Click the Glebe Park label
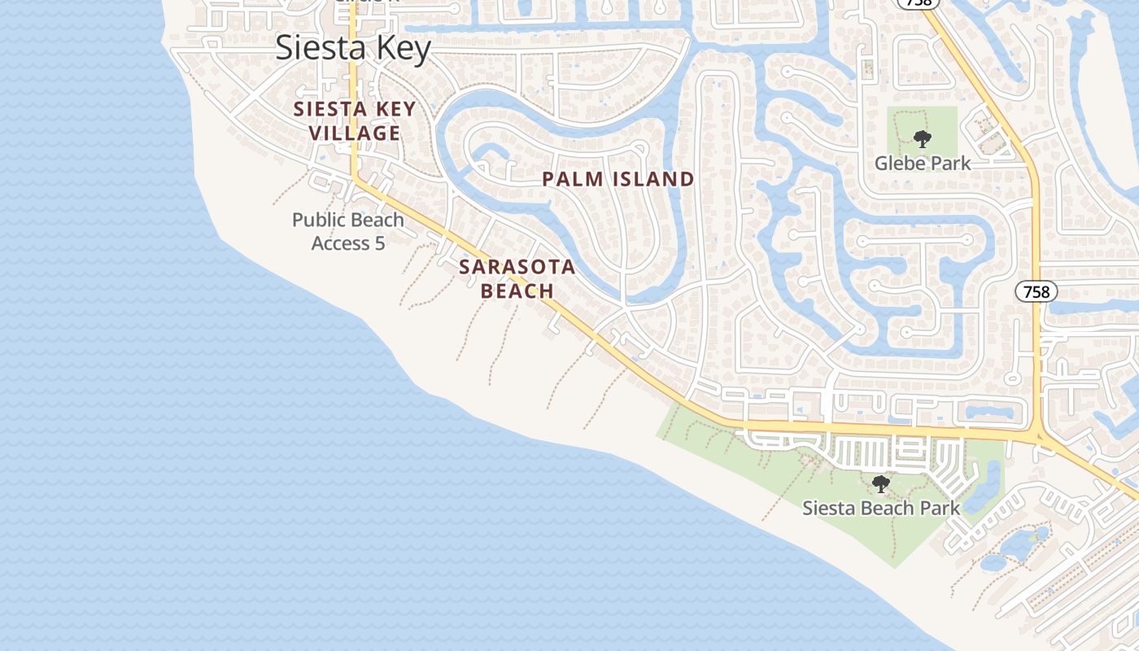(923, 164)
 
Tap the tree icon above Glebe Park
(922, 139)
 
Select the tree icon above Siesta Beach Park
(880, 485)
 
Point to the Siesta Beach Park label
(881, 509)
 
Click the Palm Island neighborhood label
(618, 179)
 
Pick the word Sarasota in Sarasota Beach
(517, 267)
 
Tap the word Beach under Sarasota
(517, 291)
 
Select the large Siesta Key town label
(353, 48)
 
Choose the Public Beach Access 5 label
(348, 231)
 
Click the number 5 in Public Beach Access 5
(379, 243)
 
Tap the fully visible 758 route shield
(1036, 291)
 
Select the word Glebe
(898, 164)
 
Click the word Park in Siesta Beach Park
(940, 509)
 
